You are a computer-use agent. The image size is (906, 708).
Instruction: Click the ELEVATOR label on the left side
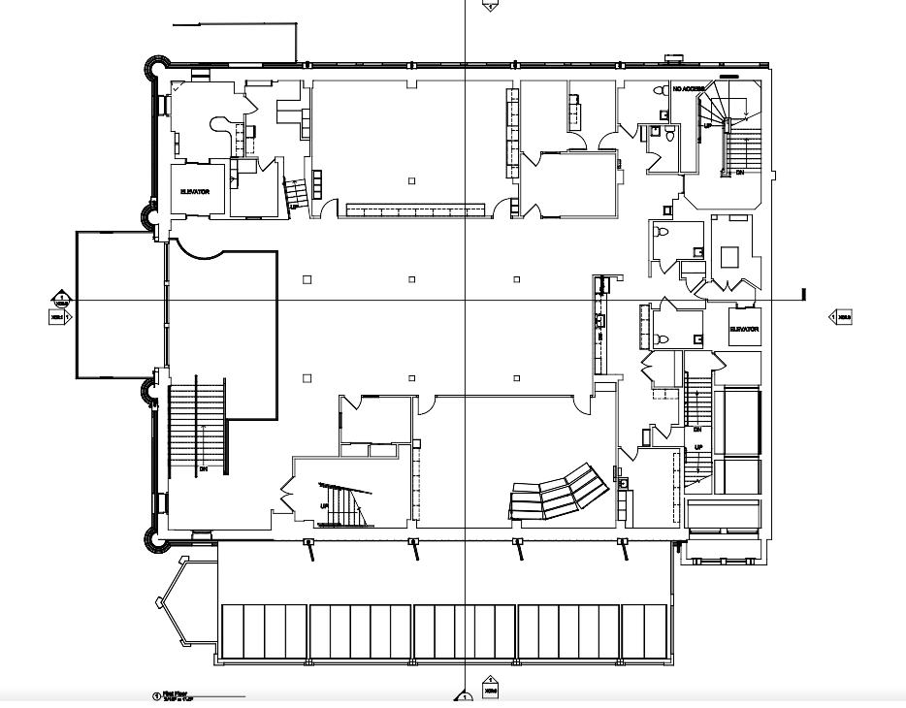195,192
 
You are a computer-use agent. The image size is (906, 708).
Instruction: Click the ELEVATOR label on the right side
744,330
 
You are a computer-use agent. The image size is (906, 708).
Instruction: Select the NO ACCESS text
688,89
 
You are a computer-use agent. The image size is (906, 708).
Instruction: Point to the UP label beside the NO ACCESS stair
707,126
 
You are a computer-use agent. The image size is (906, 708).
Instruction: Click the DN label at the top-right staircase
740,173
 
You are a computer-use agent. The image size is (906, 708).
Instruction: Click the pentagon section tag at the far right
840,316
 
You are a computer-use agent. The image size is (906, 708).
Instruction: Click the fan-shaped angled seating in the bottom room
557,493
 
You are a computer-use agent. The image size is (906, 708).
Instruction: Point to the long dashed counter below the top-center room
415,209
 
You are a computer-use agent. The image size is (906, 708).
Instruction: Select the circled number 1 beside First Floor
156,695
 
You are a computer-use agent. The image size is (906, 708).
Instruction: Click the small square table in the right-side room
729,256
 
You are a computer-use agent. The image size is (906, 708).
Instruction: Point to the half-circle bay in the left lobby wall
199,249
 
